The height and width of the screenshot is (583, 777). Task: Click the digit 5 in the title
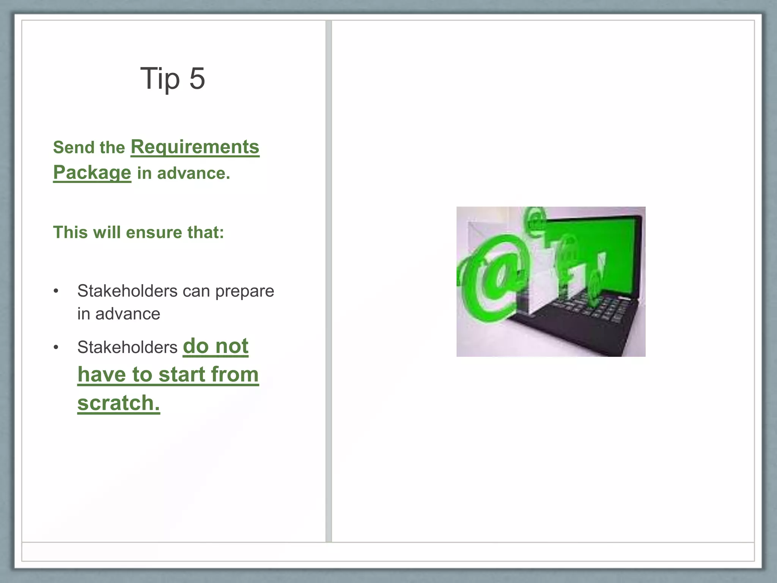[197, 78]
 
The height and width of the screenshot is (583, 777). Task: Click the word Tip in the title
[160, 79]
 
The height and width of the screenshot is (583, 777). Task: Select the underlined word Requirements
[195, 147]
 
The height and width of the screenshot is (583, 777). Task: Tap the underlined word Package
[92, 173]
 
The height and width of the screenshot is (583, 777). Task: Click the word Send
[69, 147]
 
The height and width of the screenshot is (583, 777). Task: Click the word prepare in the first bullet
[245, 291]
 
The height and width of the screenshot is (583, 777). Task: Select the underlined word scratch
[118, 402]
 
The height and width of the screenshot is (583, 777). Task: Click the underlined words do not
[215, 346]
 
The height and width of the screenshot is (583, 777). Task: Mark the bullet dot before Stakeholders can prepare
[56, 291]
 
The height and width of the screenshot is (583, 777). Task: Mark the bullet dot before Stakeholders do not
[56, 347]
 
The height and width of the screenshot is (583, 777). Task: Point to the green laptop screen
[607, 247]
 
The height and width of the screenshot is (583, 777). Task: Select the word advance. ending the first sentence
[193, 173]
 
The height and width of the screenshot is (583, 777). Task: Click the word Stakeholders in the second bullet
[127, 347]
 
